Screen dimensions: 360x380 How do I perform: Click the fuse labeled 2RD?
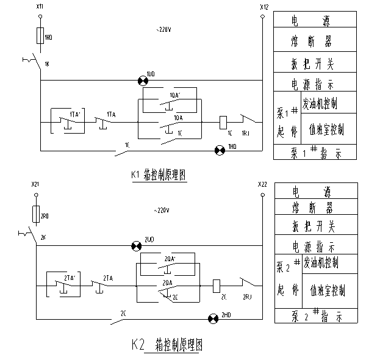point(36,214)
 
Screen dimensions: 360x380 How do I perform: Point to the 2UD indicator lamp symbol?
point(136,245)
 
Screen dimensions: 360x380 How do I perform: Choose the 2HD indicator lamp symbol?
point(213,318)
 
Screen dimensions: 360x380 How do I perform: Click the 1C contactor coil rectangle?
point(223,121)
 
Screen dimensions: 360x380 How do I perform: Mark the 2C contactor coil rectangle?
point(217,285)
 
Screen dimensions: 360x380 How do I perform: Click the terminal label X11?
point(40,6)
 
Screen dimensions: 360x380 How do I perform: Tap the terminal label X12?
point(263,7)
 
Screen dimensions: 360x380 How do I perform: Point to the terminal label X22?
point(262,184)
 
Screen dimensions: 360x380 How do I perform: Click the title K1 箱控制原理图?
point(157,175)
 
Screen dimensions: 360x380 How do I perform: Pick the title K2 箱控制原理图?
point(166,345)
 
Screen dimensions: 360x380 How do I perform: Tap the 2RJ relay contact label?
point(247,296)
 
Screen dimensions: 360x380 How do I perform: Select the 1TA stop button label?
point(111,114)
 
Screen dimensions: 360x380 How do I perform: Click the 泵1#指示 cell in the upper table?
point(315,152)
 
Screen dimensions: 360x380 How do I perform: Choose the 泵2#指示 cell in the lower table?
point(315,316)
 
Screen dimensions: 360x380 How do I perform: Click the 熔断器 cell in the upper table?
point(315,42)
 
